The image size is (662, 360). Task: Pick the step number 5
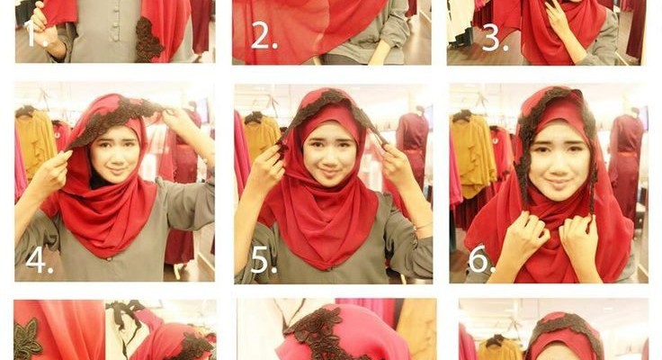tap(264, 260)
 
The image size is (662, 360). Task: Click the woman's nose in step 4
tap(117, 157)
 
